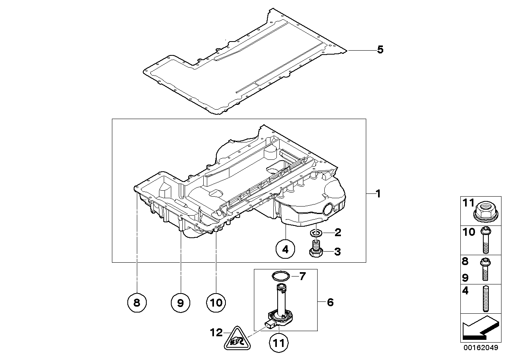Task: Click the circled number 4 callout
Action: coord(286,249)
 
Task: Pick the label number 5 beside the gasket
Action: coord(380,50)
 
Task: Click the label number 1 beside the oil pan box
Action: coord(378,194)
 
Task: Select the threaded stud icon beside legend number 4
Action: coord(485,298)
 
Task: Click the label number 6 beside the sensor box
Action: coord(330,303)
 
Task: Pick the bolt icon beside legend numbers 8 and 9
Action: coord(485,269)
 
